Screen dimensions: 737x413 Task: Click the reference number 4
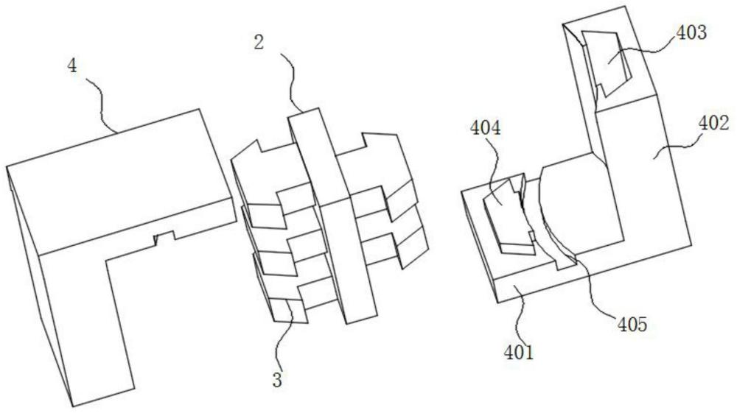[72, 66]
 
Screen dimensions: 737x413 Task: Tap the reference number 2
[259, 43]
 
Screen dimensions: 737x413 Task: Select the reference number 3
[277, 380]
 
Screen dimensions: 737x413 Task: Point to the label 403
[691, 32]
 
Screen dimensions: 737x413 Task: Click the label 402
[713, 123]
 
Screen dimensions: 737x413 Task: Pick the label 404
[486, 127]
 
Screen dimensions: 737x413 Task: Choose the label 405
[632, 324]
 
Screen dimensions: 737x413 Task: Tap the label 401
[519, 352]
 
